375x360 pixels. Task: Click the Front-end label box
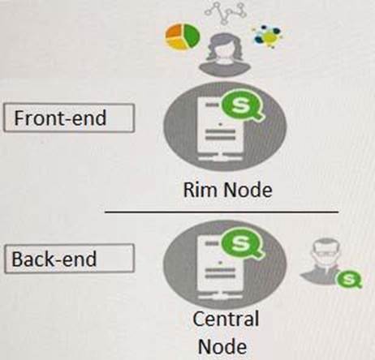tap(69, 118)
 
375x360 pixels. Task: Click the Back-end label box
tap(69, 259)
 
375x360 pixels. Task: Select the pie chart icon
tap(183, 36)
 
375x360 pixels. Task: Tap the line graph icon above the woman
tap(226, 12)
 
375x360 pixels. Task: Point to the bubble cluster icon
tap(267, 36)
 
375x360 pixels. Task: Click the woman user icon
tap(224, 54)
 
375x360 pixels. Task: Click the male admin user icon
tap(322, 261)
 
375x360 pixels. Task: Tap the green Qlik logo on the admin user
tap(349, 280)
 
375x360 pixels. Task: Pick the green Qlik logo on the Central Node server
tap(242, 244)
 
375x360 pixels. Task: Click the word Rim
tap(200, 190)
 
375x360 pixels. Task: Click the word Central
tap(226, 319)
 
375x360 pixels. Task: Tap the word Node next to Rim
tap(248, 190)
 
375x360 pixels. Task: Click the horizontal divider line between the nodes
tap(222, 212)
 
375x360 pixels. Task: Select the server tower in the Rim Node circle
tap(221, 129)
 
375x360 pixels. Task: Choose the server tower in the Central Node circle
tap(220, 268)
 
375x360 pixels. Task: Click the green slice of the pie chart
tap(192, 35)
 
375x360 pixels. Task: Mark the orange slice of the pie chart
tap(175, 31)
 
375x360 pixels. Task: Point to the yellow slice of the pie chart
tap(176, 43)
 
